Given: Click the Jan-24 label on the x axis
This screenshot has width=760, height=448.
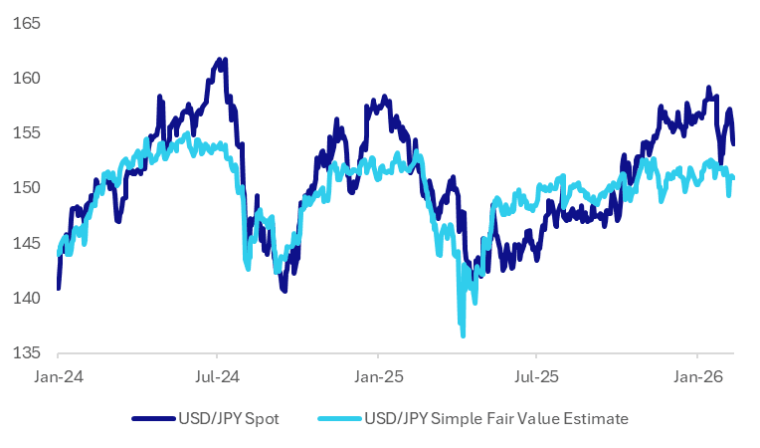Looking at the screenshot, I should coord(58,377).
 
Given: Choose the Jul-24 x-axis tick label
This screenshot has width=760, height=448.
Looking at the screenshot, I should coord(217,377).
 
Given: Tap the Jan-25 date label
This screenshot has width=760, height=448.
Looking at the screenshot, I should coord(378,377).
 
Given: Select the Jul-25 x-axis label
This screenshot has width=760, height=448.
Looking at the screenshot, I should coord(536,377).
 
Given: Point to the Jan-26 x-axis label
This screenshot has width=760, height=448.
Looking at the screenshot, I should coord(696,377).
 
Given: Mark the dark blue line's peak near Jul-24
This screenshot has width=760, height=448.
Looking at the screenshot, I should coord(220,60).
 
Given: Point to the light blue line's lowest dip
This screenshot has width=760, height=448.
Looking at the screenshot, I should coord(464,336).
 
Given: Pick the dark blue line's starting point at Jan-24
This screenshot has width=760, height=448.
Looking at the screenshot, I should coord(58,288).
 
